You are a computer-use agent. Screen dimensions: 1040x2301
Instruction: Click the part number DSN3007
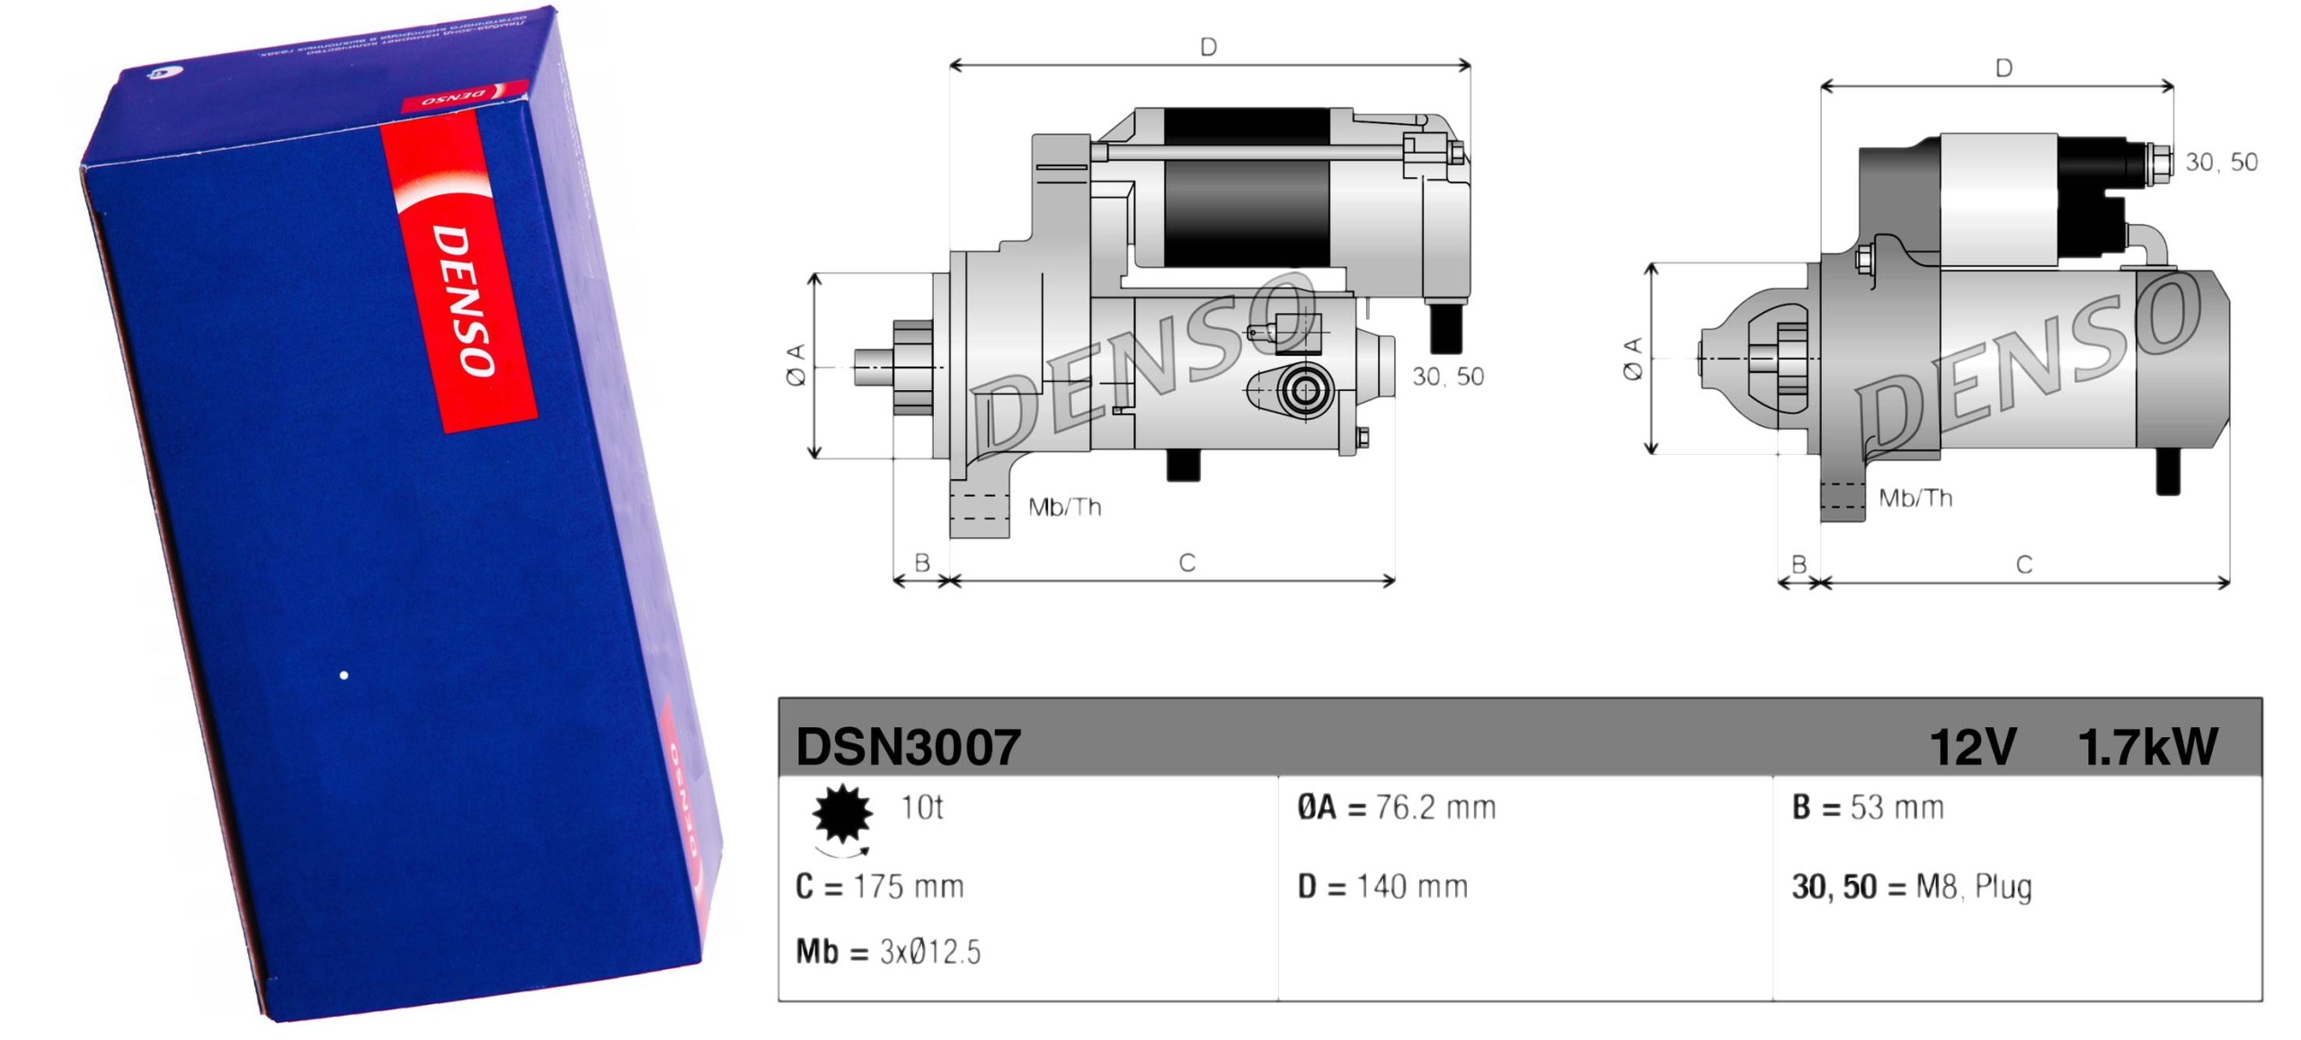[908, 746]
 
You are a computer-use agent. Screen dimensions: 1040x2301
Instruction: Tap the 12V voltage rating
[1972, 746]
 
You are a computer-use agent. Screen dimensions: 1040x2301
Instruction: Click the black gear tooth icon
[841, 813]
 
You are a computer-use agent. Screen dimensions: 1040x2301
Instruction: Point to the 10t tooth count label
[921, 807]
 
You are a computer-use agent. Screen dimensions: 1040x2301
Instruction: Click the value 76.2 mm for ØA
[1435, 807]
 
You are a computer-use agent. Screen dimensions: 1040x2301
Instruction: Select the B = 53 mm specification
[1867, 807]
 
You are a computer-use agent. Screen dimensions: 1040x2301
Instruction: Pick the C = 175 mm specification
[879, 886]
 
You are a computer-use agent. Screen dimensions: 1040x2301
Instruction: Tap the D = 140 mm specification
[1381, 886]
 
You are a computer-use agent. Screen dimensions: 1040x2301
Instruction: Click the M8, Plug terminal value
[1973, 886]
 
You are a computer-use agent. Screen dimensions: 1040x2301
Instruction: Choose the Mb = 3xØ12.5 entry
[887, 951]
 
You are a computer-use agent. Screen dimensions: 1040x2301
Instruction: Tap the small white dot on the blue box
[343, 675]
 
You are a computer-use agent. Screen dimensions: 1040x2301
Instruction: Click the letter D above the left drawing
[1208, 47]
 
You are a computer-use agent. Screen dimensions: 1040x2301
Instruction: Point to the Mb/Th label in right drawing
[1915, 498]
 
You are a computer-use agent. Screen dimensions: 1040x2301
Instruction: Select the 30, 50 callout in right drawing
[2221, 162]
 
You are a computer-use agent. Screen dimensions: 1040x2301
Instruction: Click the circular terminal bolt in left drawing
[1303, 391]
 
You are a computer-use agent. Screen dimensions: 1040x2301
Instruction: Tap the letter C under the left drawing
[1186, 563]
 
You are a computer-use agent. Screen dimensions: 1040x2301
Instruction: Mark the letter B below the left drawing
[921, 563]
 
